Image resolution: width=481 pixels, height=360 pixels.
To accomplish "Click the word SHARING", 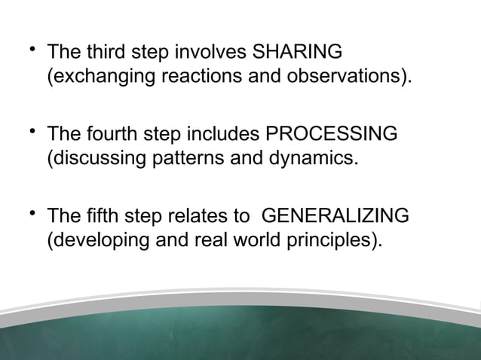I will pyautogui.click(x=298, y=53).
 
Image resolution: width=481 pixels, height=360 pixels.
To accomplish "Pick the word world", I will pyautogui.click(x=255, y=239).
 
